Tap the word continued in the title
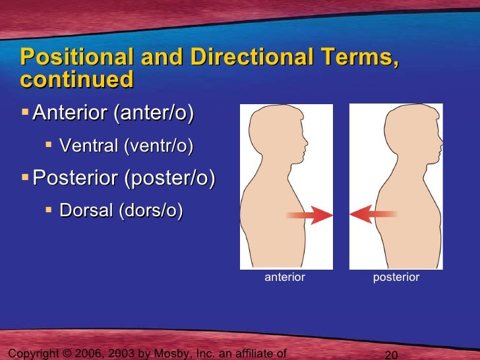[x=76, y=80]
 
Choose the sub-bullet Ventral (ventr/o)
[x=126, y=146]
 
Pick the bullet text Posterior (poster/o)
[x=123, y=178]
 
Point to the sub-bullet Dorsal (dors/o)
[x=121, y=210]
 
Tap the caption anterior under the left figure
[x=285, y=278]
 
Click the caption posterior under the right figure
[x=396, y=278]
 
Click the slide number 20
[x=391, y=355]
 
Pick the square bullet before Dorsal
[x=49, y=210]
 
